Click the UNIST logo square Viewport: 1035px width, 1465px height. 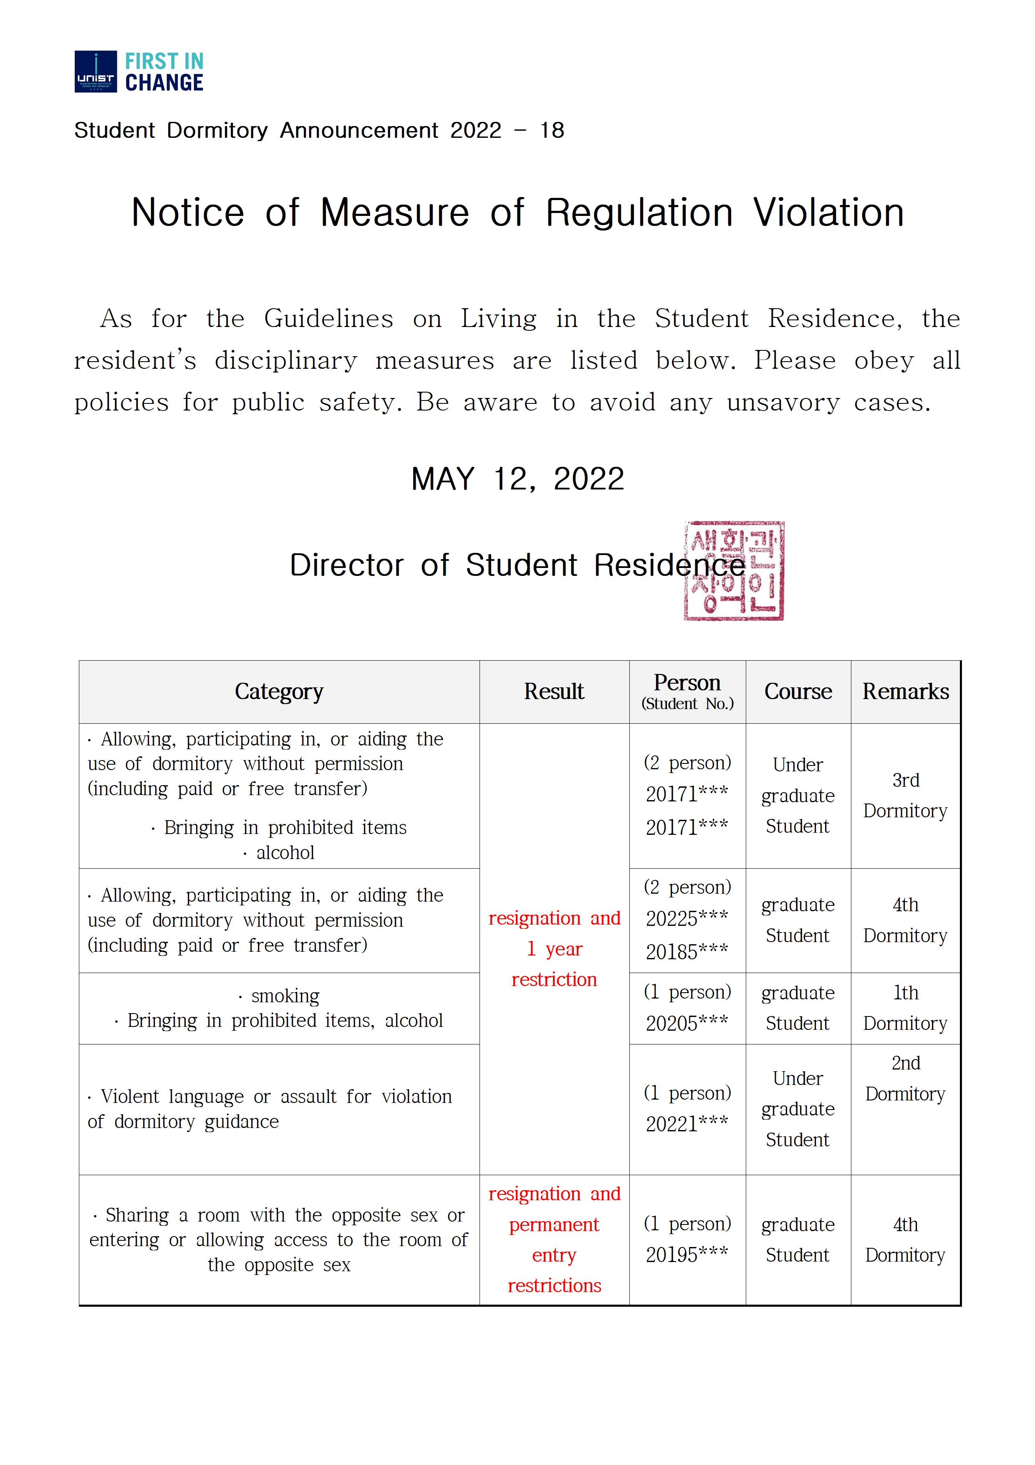96,71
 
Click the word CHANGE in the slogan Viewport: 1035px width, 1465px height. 164,83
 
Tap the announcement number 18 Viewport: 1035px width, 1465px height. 552,130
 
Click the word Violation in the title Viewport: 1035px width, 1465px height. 828,213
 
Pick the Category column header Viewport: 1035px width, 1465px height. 279,692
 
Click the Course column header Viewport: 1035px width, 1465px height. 798,692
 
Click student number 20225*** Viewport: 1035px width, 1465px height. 687,919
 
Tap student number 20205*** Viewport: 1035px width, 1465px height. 687,1024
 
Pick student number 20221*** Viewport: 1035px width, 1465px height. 687,1124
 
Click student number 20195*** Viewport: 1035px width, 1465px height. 687,1255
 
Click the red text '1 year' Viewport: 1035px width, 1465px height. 554,949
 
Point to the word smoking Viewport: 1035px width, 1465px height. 285,996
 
